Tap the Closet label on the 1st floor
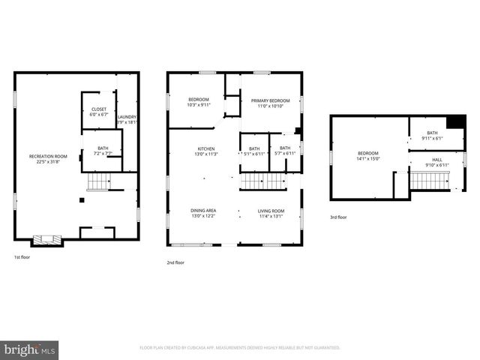tap(99, 112)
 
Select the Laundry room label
tap(127, 119)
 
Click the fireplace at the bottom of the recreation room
tap(46, 241)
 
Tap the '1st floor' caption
tap(22, 257)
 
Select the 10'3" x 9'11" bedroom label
tap(199, 102)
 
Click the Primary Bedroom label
tap(270, 103)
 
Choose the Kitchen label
tap(206, 151)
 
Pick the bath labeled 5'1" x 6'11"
tap(254, 151)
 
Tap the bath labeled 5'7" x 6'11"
tap(285, 151)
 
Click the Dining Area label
tap(203, 214)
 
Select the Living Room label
tap(271, 214)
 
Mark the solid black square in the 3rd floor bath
tap(455, 123)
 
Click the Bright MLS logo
tap(30, 349)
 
